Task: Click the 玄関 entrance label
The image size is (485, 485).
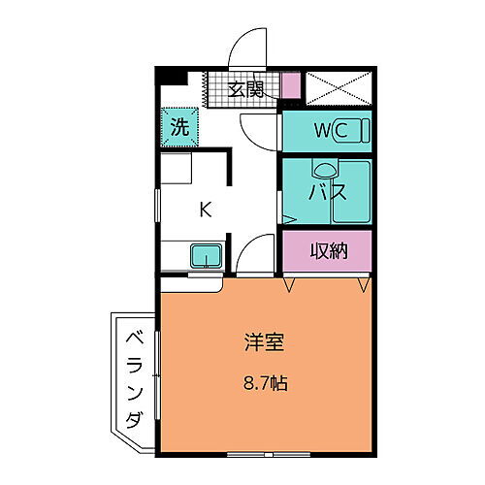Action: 245,89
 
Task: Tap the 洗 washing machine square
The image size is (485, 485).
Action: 180,124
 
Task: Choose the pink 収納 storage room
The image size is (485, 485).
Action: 327,252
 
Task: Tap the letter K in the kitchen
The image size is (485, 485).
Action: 205,208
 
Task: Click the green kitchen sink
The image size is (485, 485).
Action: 206,257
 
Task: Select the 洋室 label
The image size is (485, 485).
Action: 263,341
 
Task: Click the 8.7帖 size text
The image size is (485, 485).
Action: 263,381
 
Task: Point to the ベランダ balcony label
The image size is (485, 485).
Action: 133,378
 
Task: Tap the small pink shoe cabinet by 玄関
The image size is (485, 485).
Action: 291,85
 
